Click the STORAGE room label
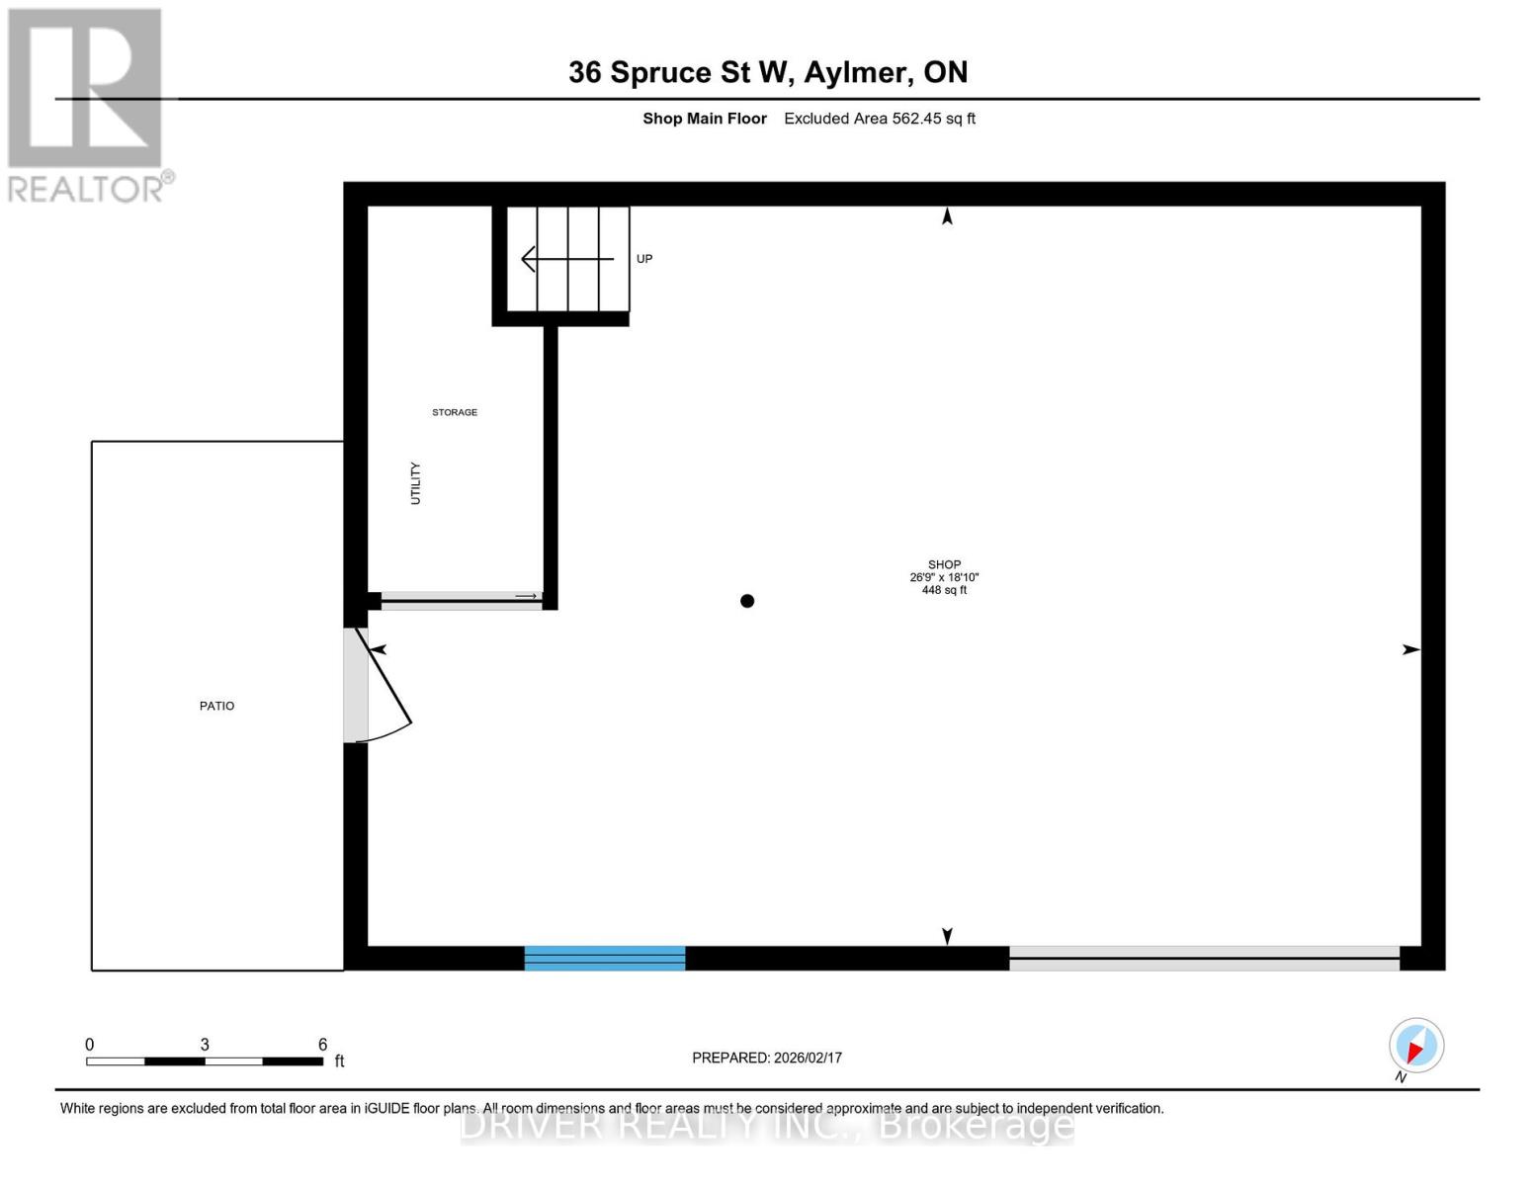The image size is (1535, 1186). coord(455,412)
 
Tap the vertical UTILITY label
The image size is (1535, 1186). coord(415,483)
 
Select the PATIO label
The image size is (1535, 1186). coord(216,706)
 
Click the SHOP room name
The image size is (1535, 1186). coord(944,564)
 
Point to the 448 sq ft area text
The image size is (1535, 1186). coord(944,590)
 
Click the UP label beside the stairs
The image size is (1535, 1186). coord(644,259)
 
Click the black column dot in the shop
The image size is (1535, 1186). coord(747,601)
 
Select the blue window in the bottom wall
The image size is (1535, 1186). coord(604,958)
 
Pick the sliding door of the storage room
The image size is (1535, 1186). coord(461,598)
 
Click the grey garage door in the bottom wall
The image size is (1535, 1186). coord(1204,958)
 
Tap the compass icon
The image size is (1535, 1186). coord(1416,1046)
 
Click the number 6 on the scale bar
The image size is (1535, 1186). coord(322,1044)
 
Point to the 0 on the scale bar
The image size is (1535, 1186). coord(90,1044)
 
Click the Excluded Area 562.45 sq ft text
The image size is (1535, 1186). coord(880,119)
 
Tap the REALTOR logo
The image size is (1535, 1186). coord(88,104)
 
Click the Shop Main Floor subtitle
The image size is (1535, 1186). coord(705,119)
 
